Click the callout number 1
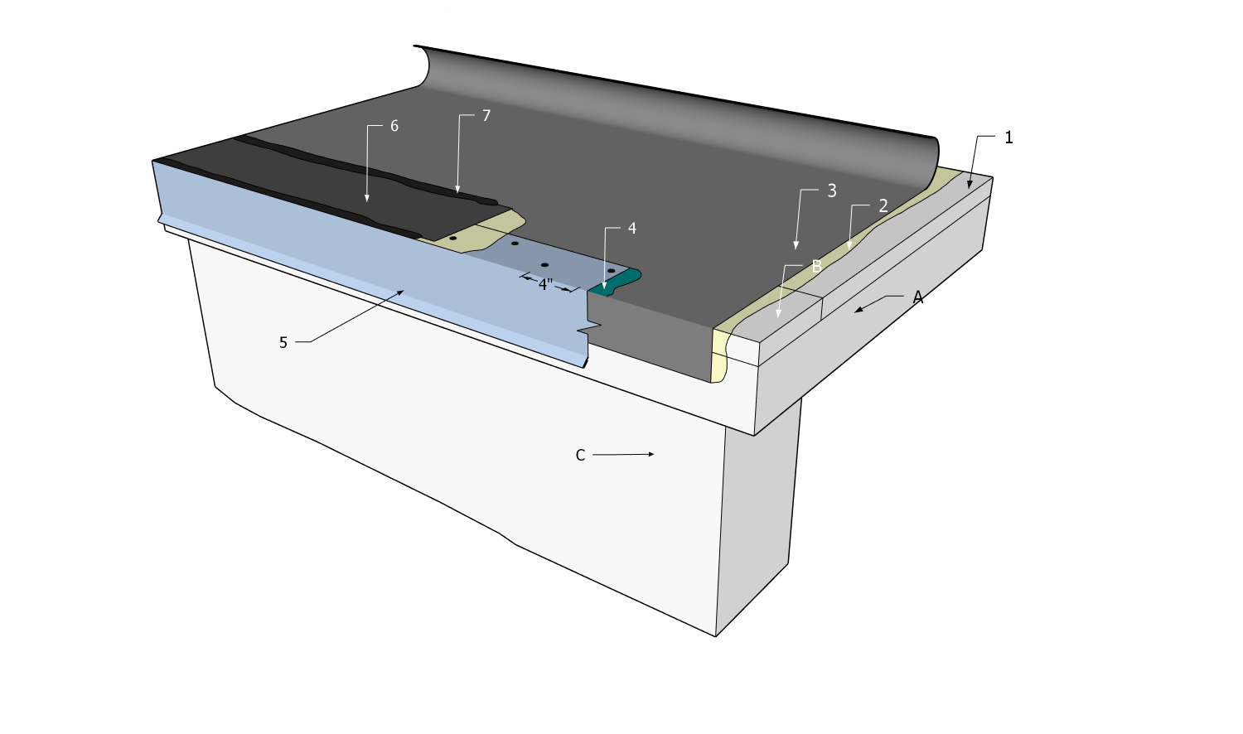1008,138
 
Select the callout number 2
883,206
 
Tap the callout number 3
832,191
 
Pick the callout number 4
632,228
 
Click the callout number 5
283,342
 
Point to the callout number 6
394,126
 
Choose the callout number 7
486,116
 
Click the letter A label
917,297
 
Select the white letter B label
816,267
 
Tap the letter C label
580,455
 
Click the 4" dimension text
545,284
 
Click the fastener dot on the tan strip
453,239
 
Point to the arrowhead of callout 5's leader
401,292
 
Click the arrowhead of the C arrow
652,454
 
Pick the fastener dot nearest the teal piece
611,271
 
